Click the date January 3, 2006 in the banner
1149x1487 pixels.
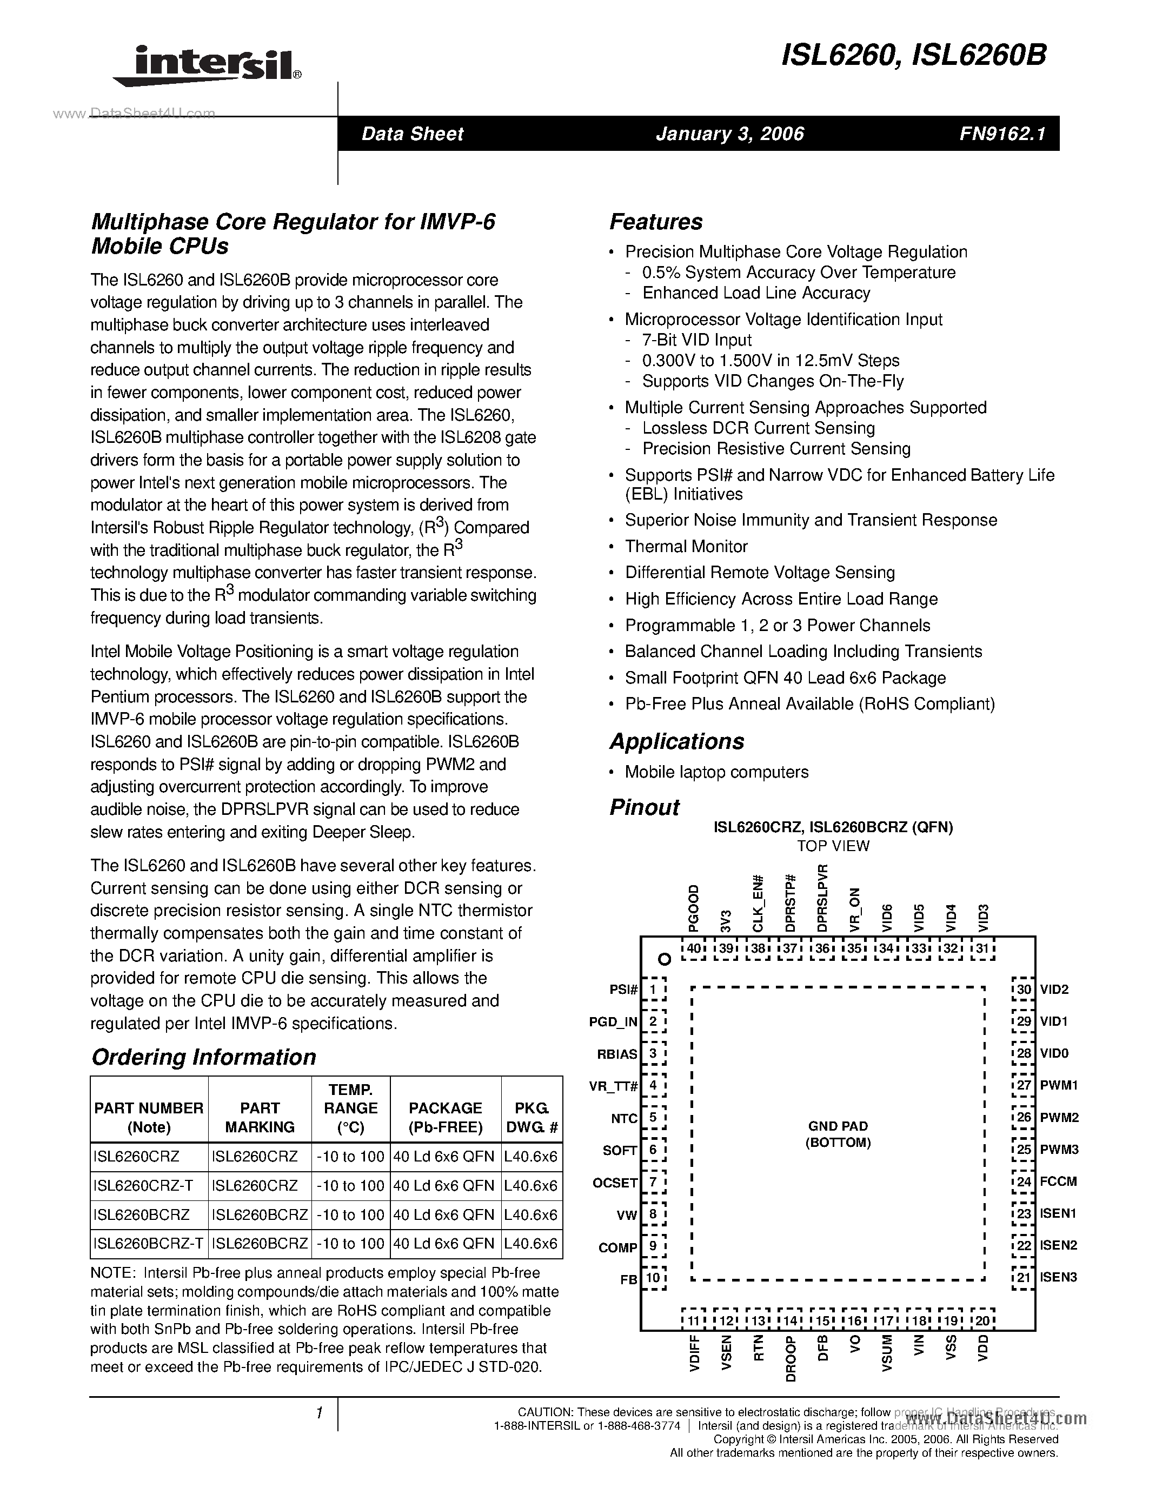coord(730,134)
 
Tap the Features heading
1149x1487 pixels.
coord(655,222)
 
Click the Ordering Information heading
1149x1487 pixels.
coord(203,1057)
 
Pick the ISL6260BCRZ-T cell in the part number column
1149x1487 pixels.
coord(148,1243)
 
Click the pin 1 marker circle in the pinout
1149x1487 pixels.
coord(665,959)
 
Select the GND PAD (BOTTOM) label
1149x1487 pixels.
coord(838,1134)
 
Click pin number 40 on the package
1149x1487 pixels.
coord(694,948)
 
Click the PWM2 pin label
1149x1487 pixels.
coord(1059,1117)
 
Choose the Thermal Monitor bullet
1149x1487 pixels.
coord(686,547)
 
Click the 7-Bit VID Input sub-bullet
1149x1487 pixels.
coord(696,341)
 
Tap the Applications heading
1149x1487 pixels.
coord(676,741)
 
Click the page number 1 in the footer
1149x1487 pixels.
coord(318,1413)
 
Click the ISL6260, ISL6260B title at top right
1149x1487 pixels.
coord(913,56)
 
